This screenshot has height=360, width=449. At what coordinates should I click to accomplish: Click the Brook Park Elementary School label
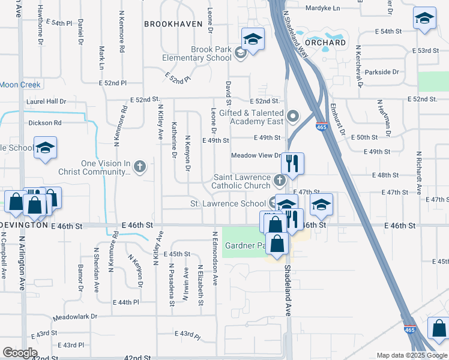202,54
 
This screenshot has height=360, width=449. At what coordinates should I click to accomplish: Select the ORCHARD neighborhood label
325,43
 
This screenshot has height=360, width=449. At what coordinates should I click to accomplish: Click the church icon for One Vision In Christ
139,166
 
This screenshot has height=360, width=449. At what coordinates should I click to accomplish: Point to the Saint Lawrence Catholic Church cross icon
279,179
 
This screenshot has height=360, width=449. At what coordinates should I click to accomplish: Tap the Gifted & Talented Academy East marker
293,115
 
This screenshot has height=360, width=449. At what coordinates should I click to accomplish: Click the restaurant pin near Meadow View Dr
292,164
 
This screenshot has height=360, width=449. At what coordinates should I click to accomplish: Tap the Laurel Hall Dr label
46,102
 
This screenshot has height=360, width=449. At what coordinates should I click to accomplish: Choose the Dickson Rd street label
45,123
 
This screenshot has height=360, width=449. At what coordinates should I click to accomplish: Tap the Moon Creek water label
20,85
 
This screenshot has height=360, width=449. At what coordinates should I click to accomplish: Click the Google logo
20,353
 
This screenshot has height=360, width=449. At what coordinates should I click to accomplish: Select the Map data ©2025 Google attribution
411,355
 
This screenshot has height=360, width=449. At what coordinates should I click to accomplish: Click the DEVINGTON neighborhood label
24,225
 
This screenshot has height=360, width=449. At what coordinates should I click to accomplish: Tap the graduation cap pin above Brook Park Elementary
253,40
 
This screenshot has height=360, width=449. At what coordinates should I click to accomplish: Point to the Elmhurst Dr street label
339,122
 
